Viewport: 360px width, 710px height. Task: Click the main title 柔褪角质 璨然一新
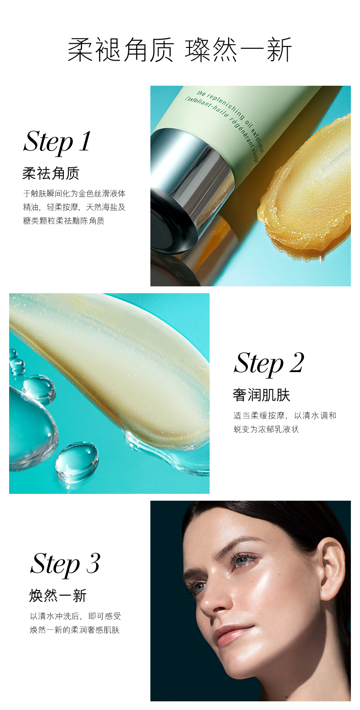click(180, 50)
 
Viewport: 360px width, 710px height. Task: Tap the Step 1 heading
click(57, 142)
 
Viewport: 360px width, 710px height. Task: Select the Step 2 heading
click(269, 363)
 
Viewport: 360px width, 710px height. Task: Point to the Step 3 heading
click(65, 564)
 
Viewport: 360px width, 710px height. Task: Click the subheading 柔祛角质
click(51, 173)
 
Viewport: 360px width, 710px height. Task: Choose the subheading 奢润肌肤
click(262, 395)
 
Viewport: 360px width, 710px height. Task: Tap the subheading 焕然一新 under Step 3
click(58, 595)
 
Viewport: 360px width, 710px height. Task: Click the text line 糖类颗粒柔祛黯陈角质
click(64, 221)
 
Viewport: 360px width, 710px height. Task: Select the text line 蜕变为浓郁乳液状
click(266, 429)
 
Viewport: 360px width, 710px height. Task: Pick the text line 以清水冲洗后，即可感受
click(76, 616)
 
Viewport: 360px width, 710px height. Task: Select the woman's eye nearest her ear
click(244, 561)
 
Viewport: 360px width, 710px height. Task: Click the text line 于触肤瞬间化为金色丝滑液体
click(75, 193)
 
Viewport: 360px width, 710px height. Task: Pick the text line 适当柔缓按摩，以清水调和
click(285, 415)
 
